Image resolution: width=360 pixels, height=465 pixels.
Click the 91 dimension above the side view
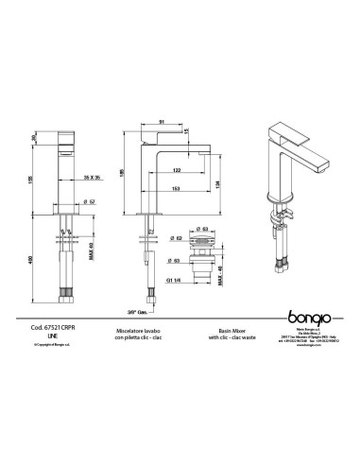[x=163, y=120]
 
